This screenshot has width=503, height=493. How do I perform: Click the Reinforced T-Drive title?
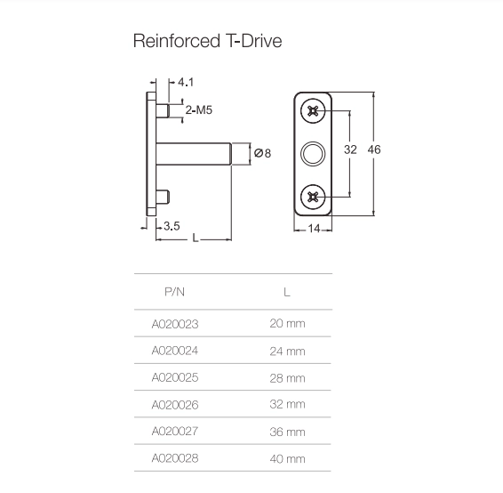pos(208,41)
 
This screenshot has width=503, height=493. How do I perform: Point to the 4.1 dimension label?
pos(186,82)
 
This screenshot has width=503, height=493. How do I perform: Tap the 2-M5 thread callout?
pos(199,110)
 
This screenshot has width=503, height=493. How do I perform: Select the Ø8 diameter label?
pos(262,153)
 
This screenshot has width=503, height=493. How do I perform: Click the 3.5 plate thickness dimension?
pos(172,226)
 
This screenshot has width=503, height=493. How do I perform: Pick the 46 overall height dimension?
pos(374,150)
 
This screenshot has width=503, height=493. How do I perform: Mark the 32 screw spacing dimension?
pos(350,150)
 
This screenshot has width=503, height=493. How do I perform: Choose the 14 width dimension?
pos(314,229)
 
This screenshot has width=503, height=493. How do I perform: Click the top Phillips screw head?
pos(313,111)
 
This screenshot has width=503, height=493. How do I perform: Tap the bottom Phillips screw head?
pos(313,197)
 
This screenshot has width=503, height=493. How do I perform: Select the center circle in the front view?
pos(313,154)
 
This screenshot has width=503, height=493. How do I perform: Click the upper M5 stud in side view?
pos(163,111)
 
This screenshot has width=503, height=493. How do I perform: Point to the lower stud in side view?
pos(163,197)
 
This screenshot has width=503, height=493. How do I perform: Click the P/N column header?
pos(174,292)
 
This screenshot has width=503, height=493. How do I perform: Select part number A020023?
pos(175,324)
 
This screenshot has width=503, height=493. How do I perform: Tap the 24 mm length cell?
pos(287,352)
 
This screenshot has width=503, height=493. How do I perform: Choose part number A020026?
pos(175,405)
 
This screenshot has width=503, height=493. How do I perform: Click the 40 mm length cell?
pos(287,459)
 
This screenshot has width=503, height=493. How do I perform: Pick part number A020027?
pos(175,431)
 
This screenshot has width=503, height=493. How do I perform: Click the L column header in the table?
pos(287,292)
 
